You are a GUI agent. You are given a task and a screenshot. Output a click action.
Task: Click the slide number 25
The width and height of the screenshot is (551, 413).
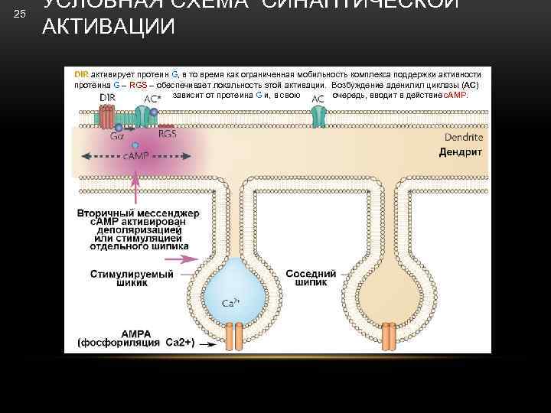20,15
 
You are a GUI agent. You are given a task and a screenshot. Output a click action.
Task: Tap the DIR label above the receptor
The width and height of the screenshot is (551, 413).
108,99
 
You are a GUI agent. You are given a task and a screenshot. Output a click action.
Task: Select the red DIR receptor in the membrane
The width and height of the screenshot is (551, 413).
104,115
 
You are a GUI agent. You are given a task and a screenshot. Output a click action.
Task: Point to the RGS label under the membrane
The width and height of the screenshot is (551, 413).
168,133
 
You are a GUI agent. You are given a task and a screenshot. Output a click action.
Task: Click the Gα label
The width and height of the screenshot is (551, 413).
117,136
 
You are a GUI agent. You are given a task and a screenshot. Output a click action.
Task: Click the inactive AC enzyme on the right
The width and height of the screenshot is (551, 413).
318,115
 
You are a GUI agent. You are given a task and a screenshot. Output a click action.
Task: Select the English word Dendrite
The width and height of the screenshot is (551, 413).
463,138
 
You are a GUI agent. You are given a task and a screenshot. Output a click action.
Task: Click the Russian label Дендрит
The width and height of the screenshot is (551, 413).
460,152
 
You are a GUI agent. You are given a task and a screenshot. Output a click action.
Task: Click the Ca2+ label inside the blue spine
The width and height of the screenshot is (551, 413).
230,303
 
